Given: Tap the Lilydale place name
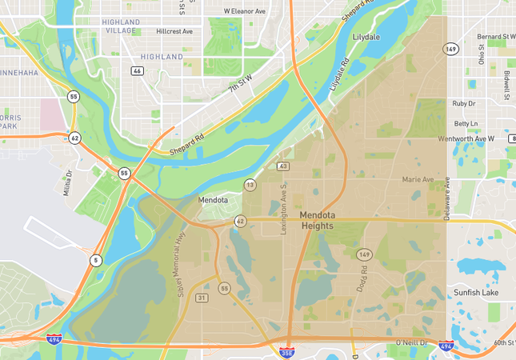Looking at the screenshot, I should (366, 38).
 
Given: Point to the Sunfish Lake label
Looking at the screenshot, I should (476, 294).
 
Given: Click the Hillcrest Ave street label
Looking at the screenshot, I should (175, 31).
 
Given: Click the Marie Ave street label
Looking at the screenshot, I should (418, 179).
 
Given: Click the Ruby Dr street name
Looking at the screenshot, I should (464, 103).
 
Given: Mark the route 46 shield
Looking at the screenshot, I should (138, 70).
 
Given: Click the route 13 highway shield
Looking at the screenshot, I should (250, 185).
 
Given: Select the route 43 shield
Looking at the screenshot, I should (282, 166).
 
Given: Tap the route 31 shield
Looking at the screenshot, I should (202, 298).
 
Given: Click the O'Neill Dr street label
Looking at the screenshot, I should (412, 344).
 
